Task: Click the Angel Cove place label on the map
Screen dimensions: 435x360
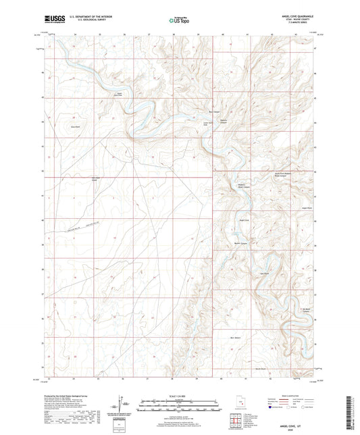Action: click(x=245, y=220)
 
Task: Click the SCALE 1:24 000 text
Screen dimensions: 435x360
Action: click(x=180, y=396)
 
